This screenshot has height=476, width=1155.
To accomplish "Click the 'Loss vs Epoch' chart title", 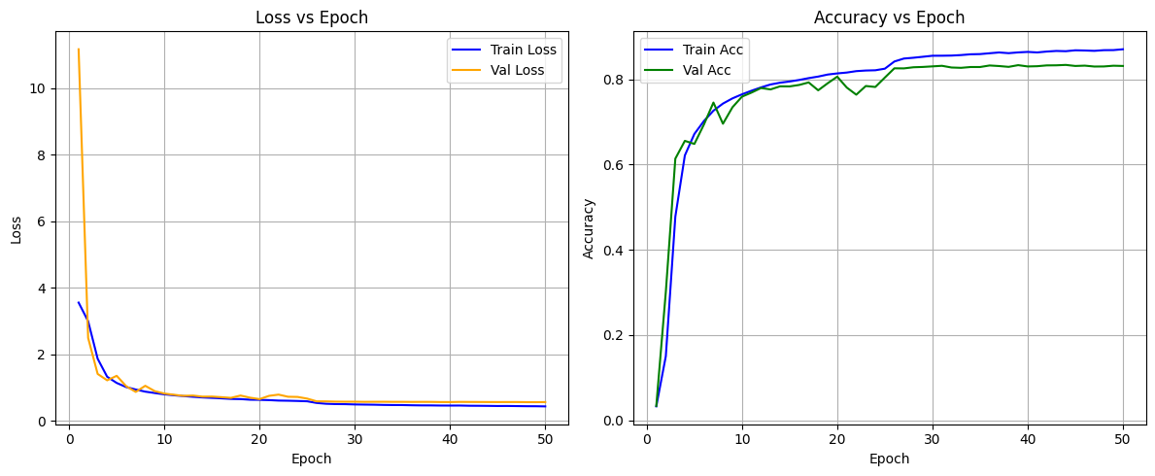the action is click(x=313, y=17).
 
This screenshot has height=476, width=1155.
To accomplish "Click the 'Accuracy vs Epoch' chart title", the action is click(x=889, y=17).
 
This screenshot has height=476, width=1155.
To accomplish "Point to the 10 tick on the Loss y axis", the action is click(x=41, y=88).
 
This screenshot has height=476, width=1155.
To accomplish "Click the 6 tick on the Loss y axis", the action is click(x=44, y=221).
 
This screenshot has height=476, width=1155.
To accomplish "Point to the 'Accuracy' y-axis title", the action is click(x=589, y=229).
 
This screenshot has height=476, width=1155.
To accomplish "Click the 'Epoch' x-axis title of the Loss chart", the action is click(x=311, y=459).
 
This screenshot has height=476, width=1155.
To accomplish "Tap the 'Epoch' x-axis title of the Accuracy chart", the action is click(x=889, y=459).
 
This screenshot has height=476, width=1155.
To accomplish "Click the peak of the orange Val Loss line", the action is click(x=78, y=50).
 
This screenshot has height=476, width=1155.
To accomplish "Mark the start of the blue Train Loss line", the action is click(x=78, y=302).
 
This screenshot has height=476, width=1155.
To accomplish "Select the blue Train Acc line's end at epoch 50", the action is click(x=1123, y=50).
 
